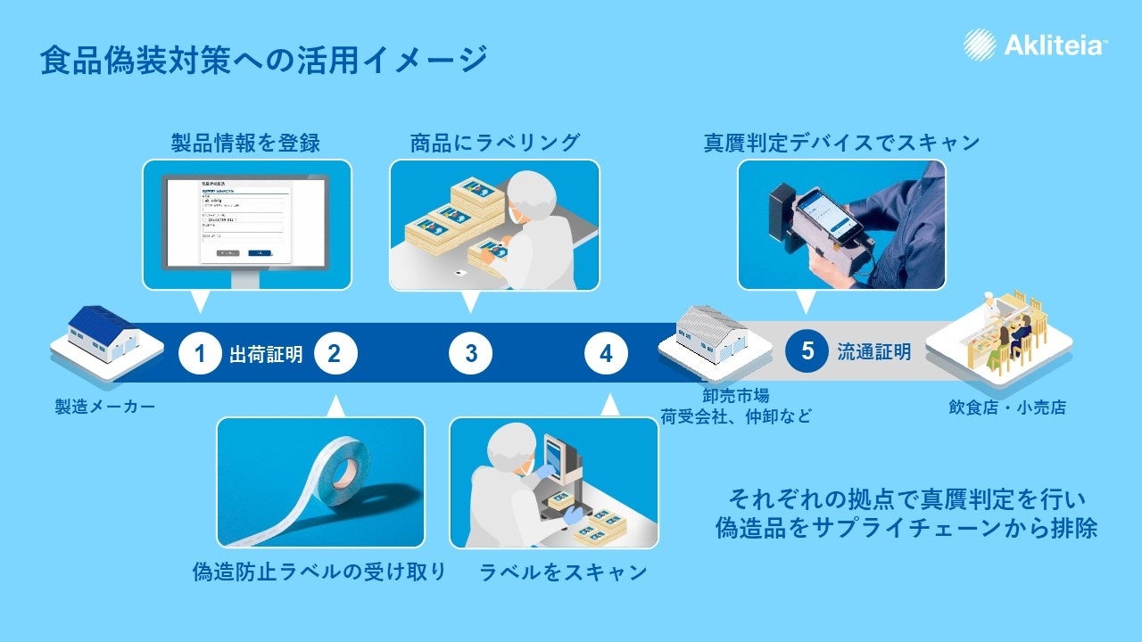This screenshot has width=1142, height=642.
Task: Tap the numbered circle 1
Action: coord(200,354)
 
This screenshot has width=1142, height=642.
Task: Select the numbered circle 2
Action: coord(335,354)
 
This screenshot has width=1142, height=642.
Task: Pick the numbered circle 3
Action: coord(470,354)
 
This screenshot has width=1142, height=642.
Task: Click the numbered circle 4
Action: coord(606,354)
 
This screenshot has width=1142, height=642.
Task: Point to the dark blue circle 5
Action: coord(807,351)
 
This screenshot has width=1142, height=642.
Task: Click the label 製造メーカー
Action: coord(105,407)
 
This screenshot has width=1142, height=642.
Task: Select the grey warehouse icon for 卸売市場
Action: coord(714,339)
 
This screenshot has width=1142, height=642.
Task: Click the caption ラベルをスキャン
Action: coord(562,572)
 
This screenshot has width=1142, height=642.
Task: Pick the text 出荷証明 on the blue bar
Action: coord(266,354)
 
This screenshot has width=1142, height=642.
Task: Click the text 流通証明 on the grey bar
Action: coord(873,351)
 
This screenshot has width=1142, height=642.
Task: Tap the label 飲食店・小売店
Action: coord(1006,407)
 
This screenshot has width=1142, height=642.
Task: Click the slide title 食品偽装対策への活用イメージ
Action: coord(264,60)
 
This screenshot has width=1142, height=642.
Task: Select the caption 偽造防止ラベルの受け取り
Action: coord(319,572)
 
